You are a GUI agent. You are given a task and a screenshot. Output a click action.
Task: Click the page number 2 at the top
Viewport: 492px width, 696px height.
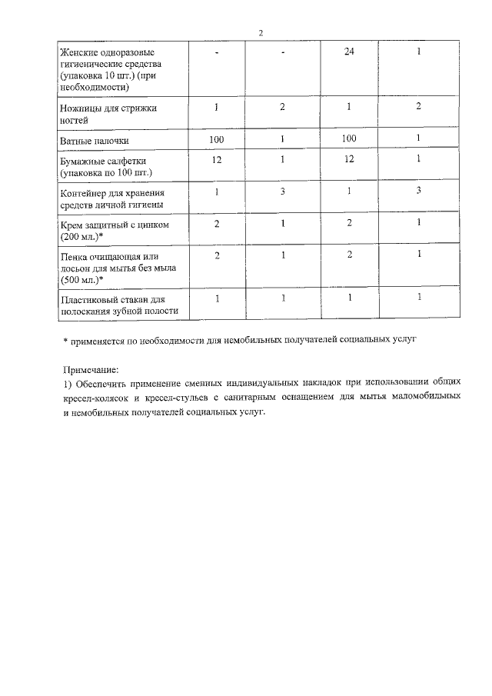click(261, 32)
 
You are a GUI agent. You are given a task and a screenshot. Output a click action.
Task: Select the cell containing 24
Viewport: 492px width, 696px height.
click(348, 52)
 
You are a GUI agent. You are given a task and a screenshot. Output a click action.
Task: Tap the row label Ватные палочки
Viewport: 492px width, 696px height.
click(95, 142)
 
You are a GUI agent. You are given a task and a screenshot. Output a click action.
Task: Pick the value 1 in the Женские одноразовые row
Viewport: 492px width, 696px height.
click(418, 52)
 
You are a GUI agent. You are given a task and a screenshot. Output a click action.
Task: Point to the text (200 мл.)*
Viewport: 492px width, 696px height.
click(86, 236)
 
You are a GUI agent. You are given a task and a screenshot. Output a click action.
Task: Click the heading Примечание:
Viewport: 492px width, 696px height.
click(91, 370)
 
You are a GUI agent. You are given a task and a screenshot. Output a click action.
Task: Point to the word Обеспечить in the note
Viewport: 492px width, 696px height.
click(103, 384)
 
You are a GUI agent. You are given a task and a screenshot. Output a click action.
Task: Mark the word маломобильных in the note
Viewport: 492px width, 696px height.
click(427, 398)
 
